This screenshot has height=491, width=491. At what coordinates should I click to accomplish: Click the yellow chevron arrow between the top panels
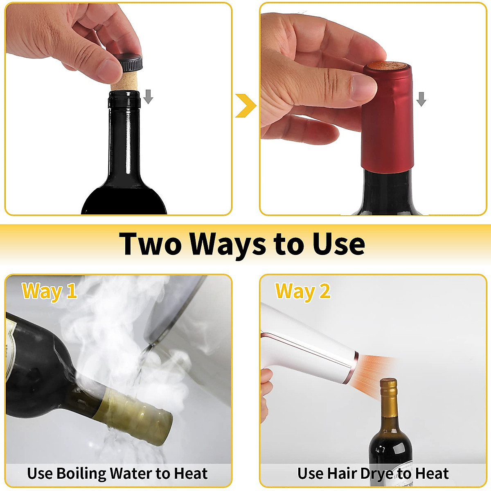[x=245, y=105]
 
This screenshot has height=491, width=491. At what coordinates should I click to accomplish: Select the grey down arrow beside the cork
[x=148, y=97]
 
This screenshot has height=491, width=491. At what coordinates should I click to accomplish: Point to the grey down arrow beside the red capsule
[x=421, y=99]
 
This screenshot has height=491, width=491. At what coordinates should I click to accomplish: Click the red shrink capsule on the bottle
[x=387, y=123]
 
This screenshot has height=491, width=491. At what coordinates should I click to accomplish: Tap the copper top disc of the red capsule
[x=387, y=65]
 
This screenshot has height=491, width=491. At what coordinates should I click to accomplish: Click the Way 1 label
[x=49, y=291]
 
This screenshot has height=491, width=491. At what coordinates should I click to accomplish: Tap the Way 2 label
[x=303, y=291]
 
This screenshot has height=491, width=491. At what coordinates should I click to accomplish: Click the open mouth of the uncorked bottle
[x=124, y=95]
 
